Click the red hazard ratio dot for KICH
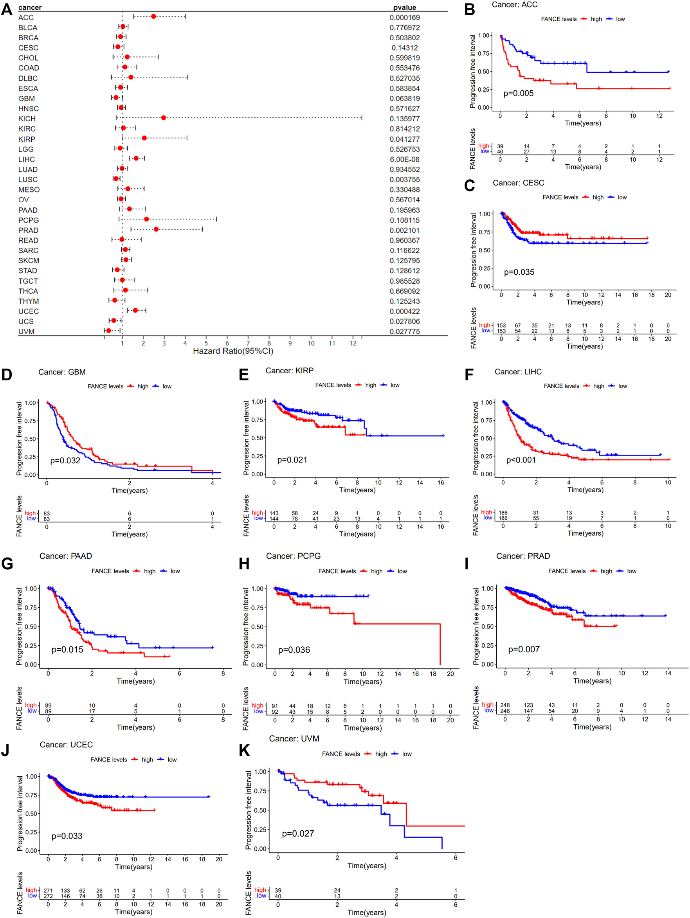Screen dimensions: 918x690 coord(164,118)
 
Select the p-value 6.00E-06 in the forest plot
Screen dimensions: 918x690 coord(404,159)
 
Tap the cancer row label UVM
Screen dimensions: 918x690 coord(26,331)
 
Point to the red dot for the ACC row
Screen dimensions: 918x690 coord(153,16)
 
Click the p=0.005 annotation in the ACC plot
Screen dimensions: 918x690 coord(519,94)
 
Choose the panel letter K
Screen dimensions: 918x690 coord(245,751)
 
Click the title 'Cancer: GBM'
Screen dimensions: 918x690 coord(62,372)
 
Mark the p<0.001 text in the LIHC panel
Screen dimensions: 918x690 coord(521,460)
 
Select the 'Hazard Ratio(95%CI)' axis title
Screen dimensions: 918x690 coord(233,351)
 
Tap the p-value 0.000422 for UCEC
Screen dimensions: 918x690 coord(404,311)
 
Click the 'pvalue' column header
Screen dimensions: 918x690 coord(404,7)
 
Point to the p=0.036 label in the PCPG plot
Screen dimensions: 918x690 coord(294,650)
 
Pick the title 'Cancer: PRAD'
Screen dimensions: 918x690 coord(523,556)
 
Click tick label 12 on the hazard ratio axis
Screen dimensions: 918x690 coord(353,343)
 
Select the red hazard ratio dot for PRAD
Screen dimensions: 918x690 coord(156,229)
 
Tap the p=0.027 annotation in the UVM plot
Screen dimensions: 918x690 coord(298,833)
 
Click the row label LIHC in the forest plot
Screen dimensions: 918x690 coord(27,159)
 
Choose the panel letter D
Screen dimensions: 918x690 coord(7,375)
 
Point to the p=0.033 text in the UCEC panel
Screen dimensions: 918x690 coord(67,836)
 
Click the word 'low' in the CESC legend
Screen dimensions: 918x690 coord(622,197)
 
